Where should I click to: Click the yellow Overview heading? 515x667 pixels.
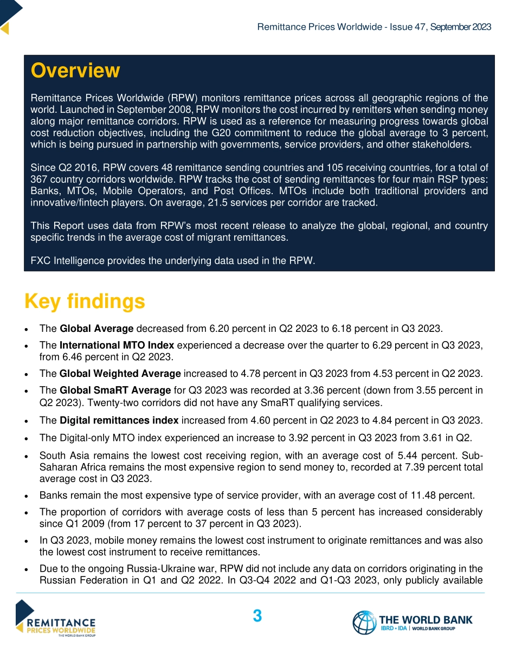tap(75, 70)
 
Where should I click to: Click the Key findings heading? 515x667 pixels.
tap(85, 301)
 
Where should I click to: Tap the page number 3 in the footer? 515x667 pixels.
tap(257, 616)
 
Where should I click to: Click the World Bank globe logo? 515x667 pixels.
tap(364, 623)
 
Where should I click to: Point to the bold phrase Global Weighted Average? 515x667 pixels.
tap(120, 373)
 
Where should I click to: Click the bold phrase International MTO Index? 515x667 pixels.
tap(117, 345)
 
